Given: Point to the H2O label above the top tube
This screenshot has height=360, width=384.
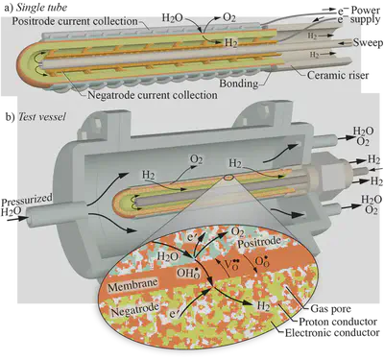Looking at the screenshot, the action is click(x=174, y=16).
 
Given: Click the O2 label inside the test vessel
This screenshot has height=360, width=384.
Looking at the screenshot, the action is click(x=197, y=158).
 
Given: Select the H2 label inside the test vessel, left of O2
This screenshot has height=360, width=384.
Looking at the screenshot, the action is click(x=149, y=175).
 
